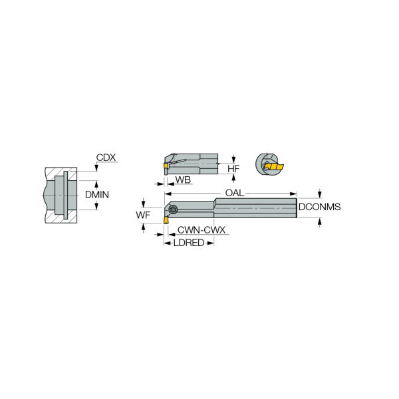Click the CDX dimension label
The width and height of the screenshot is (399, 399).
106,158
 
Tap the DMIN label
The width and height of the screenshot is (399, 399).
97,195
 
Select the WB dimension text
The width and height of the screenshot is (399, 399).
183,180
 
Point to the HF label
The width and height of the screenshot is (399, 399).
233,169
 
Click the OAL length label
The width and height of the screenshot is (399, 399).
235,193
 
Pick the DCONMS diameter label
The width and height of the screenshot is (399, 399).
319,207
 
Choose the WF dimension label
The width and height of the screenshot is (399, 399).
143,215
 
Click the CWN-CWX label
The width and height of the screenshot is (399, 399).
201,230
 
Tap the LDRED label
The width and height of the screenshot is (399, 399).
189,243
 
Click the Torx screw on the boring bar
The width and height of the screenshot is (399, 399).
173,209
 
